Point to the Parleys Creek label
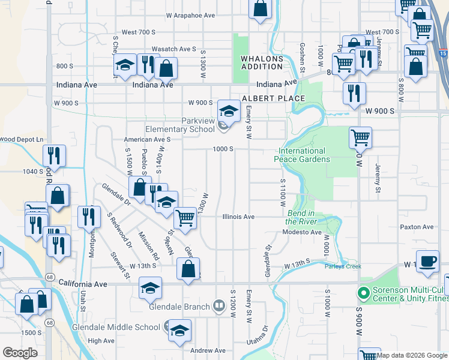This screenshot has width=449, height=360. (x=343, y=266)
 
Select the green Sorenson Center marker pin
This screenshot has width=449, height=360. (x=362, y=294)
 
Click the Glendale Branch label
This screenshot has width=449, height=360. (x=179, y=307)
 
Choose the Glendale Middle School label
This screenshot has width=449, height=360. (x=116, y=327)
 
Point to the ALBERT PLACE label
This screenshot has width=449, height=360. (x=265, y=98)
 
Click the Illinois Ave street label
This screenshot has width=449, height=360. (x=238, y=217)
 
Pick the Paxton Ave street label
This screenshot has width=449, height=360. (x=417, y=227)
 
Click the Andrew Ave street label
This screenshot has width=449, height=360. (x=208, y=350)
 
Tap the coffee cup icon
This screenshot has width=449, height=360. (x=427, y=262)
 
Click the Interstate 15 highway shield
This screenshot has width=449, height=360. (x=443, y=54)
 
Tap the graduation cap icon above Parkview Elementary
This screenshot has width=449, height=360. (x=228, y=110)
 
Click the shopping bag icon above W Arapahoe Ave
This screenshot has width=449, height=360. (x=261, y=9)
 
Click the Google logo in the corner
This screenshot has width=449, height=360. (x=20, y=353)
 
